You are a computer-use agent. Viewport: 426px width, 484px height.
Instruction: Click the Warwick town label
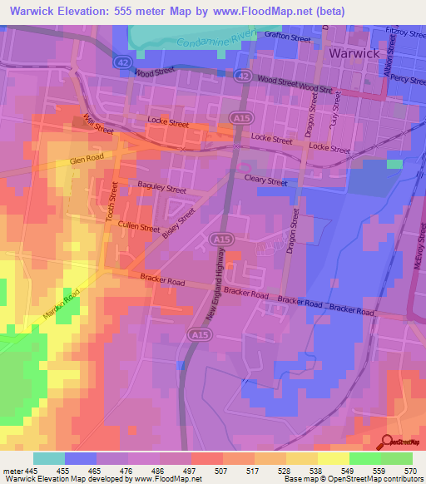point(354,53)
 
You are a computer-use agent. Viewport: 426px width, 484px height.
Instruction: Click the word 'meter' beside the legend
point(11,471)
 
